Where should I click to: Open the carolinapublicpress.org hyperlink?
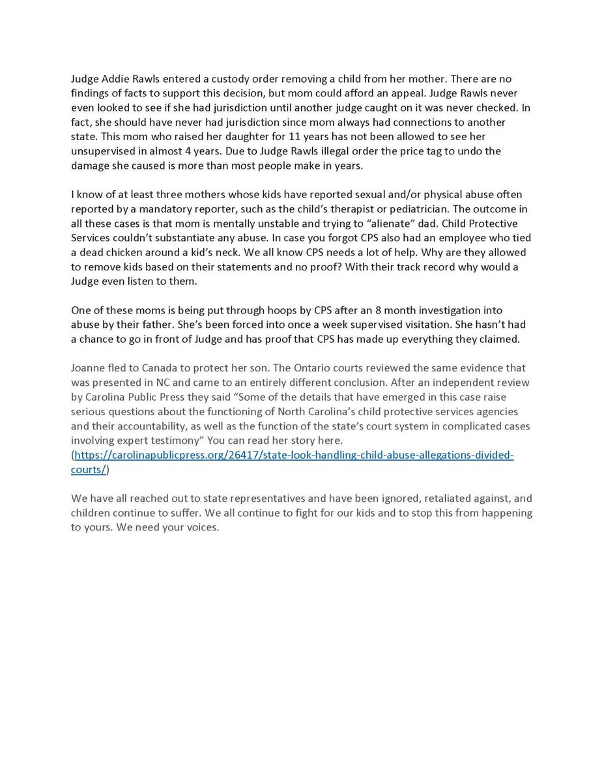pyautogui.click(x=293, y=455)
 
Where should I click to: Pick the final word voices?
pyautogui.click(x=203, y=527)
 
